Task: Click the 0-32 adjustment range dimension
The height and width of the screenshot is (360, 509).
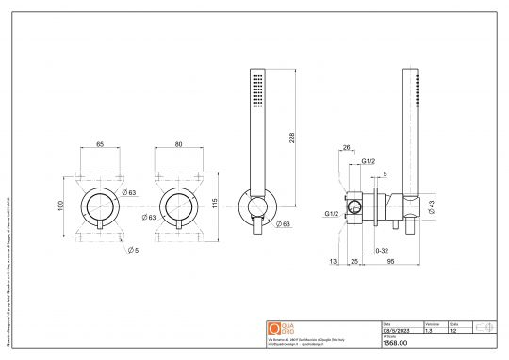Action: point(381,252)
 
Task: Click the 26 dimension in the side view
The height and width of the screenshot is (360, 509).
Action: point(346,147)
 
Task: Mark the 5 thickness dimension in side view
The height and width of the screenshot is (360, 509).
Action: point(385,174)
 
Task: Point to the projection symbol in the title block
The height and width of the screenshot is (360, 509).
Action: point(483,328)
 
